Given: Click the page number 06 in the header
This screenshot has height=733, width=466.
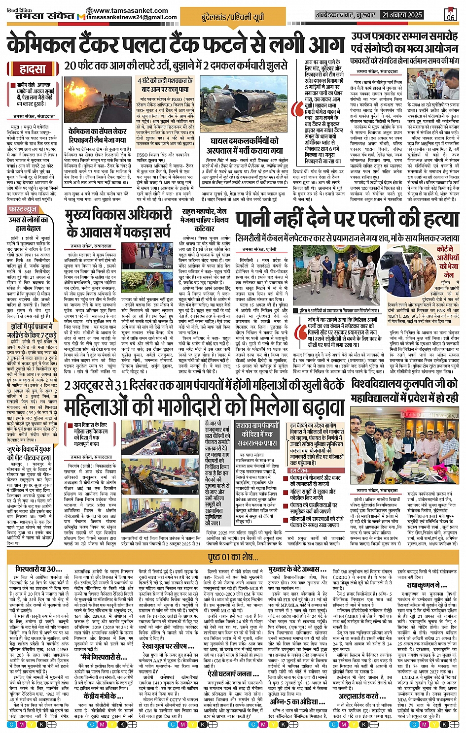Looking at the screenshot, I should click(450, 14).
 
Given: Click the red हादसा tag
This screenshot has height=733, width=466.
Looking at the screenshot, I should click(34, 69).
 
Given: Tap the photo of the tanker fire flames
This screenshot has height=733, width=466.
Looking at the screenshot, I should click(98, 100).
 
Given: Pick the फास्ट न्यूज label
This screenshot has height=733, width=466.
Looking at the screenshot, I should click(24, 209).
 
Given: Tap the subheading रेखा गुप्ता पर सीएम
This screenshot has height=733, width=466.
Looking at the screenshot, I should click(171, 645).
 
